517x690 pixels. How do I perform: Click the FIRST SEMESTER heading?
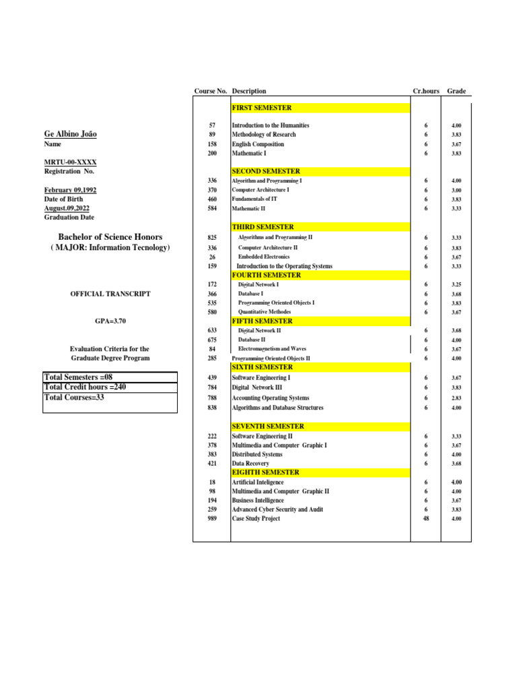(x=262, y=108)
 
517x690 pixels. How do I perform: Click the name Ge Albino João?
(x=70, y=134)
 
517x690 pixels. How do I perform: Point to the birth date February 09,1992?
(x=70, y=190)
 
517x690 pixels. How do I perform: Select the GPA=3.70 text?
(x=111, y=322)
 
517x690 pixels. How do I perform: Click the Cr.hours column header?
(x=425, y=92)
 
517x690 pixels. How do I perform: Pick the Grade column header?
(x=456, y=92)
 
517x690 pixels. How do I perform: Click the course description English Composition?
(x=258, y=144)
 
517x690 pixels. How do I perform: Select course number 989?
(x=212, y=519)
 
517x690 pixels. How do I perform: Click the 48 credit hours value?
(x=425, y=519)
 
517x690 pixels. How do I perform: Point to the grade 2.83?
(x=456, y=399)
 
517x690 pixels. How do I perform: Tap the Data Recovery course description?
(x=250, y=464)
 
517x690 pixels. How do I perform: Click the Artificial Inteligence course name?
(x=258, y=482)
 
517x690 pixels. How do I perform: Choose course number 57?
(x=212, y=126)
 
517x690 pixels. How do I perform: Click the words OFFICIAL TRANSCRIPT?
(x=110, y=294)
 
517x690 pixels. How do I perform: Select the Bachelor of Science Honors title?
(x=110, y=237)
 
